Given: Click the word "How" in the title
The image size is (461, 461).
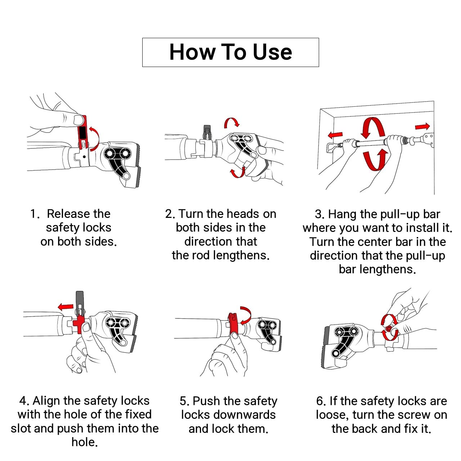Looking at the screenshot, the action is coord(192,52).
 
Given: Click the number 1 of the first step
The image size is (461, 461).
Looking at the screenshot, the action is coord(33,214).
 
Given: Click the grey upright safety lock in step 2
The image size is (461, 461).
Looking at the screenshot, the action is coord(207,132).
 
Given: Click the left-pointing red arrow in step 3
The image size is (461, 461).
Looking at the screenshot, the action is coord(335,135).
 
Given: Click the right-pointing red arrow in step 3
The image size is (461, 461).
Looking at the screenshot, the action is coord(422,126).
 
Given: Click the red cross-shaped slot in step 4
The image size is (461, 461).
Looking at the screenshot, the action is coord(79,323).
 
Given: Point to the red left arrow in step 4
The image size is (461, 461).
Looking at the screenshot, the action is coord(66,307).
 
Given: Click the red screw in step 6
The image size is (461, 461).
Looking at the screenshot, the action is coord(389,329).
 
